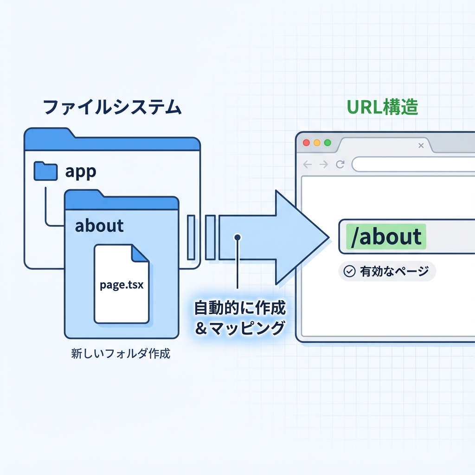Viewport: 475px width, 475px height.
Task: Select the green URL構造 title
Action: click(383, 107)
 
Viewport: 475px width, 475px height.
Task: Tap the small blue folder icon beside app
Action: click(45, 171)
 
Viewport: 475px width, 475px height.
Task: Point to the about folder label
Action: click(99, 226)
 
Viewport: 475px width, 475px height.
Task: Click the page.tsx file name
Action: click(122, 285)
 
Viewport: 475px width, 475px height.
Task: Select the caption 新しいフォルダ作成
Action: click(121, 354)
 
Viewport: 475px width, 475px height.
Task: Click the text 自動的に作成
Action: click(239, 308)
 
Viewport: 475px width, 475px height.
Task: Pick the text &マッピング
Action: click(239, 328)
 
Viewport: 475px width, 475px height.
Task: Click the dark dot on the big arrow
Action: click(237, 237)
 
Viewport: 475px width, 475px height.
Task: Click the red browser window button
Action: click(306, 143)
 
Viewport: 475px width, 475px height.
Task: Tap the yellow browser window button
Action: click(317, 143)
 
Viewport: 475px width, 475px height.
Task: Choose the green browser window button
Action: click(328, 143)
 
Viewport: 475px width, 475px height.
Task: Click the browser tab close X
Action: click(421, 146)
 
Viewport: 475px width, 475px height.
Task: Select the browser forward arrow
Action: click(324, 164)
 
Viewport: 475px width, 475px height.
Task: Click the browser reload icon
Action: click(340, 164)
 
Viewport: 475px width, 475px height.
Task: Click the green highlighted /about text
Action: click(386, 237)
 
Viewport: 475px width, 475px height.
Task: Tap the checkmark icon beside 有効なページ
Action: click(349, 272)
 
